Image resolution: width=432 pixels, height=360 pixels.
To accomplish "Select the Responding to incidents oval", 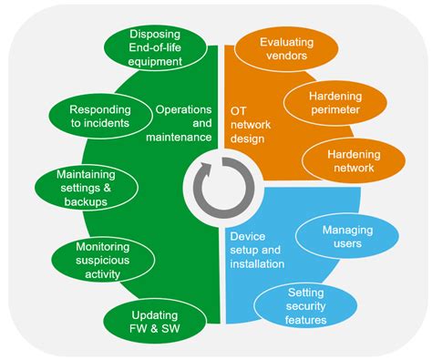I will (x=98, y=116).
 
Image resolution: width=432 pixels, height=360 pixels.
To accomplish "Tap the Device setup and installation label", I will (x=257, y=247).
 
